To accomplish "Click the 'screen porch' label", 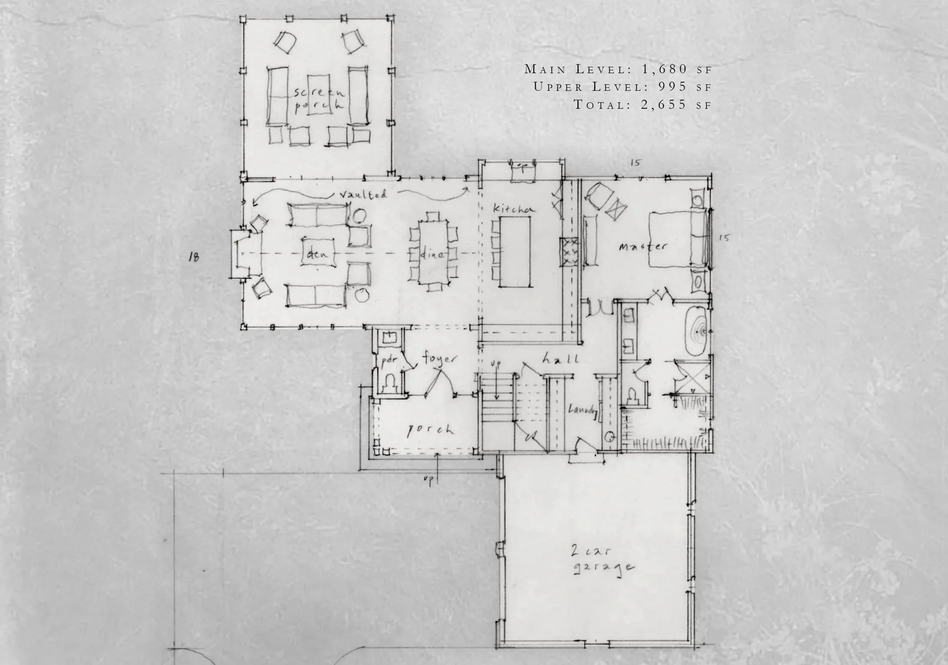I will tap(319, 99).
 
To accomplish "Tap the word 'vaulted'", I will tap(363, 194).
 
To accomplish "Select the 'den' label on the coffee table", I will tap(317, 254).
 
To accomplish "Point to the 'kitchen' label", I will tap(514, 209).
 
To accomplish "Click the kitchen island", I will tap(516, 251).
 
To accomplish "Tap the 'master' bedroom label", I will tap(643, 247).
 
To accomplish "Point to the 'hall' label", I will tap(560, 359).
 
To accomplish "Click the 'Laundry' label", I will tap(582, 410).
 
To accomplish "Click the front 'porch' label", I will tap(430, 429).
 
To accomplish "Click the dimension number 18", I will tap(194, 257).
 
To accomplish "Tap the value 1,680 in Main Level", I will tap(664, 69).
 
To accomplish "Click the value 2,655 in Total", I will tap(664, 104).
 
